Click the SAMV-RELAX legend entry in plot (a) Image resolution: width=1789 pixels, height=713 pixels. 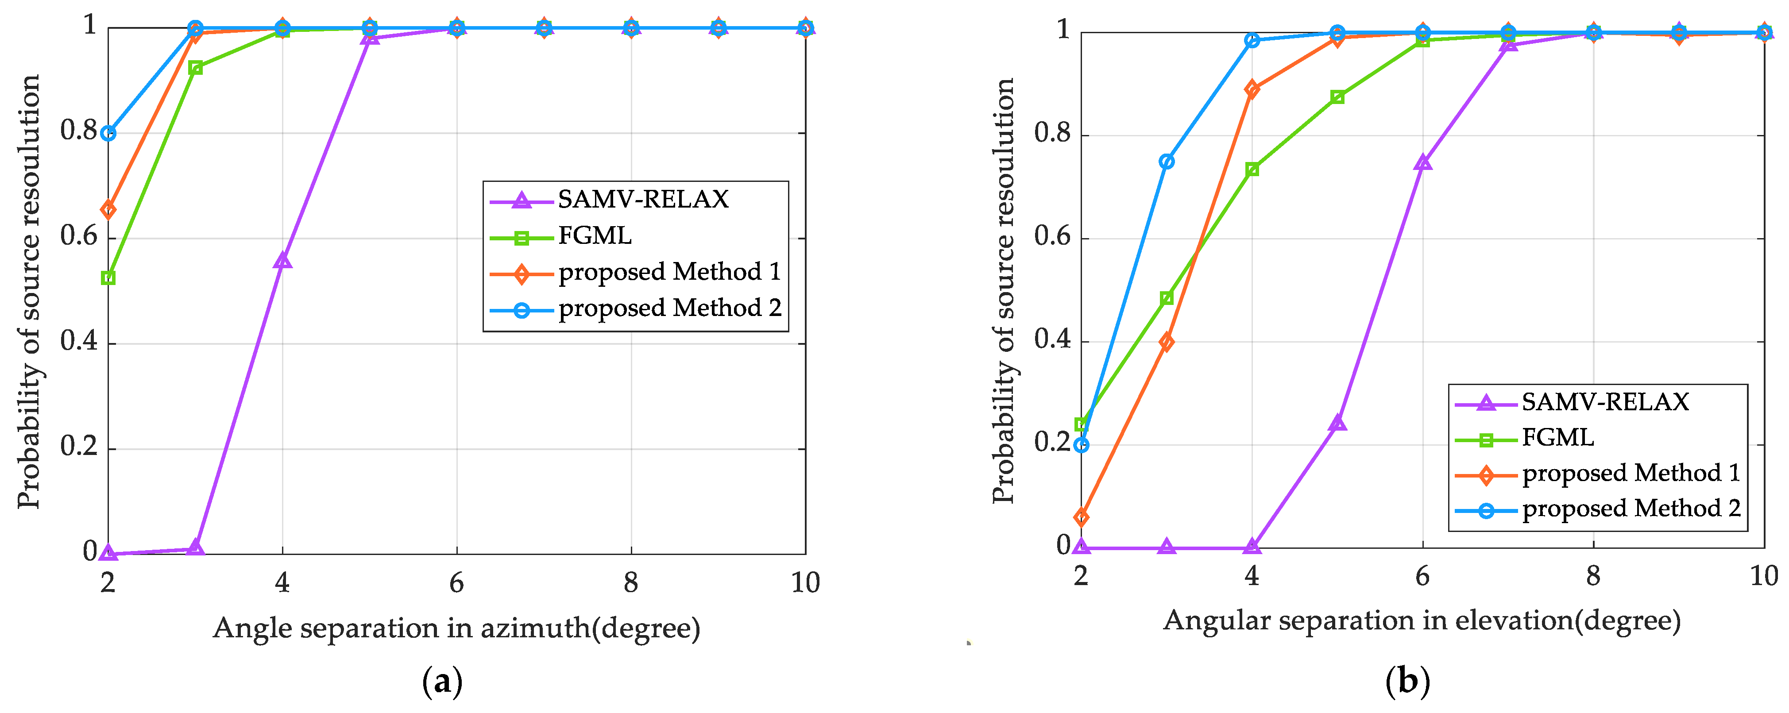pyautogui.click(x=642, y=199)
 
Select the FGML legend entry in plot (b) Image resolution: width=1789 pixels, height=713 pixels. pyautogui.click(x=1558, y=437)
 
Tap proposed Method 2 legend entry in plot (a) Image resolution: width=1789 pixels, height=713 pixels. pyautogui.click(x=669, y=308)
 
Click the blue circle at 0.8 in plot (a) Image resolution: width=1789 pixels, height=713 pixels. pyautogui.click(x=108, y=133)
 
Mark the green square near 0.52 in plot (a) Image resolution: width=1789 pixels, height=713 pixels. pyautogui.click(x=108, y=277)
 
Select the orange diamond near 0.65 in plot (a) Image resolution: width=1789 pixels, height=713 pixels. pyautogui.click(x=108, y=209)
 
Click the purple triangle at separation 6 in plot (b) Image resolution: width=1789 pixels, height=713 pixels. pyautogui.click(x=1422, y=162)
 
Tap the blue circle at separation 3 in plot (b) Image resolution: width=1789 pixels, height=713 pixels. pyautogui.click(x=1167, y=162)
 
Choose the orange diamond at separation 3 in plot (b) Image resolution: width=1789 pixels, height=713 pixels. pyautogui.click(x=1167, y=342)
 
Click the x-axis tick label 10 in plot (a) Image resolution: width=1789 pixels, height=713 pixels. pyautogui.click(x=805, y=582)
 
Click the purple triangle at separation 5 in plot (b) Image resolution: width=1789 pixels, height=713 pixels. pyautogui.click(x=1337, y=423)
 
